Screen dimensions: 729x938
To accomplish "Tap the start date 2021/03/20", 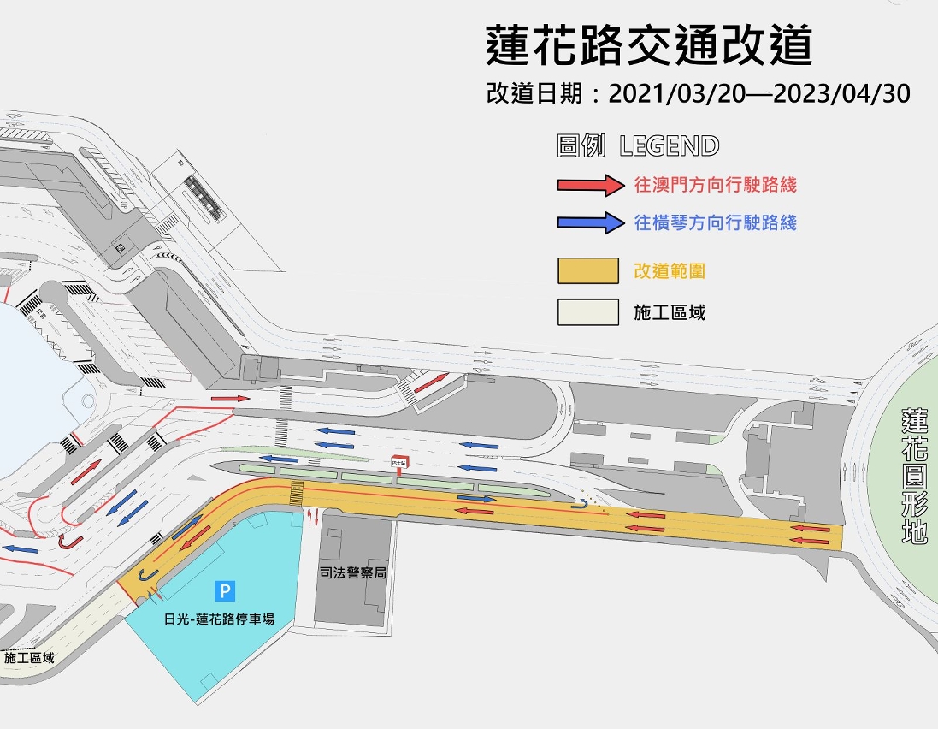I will tap(675, 93).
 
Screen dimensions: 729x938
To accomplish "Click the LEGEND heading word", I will tap(670, 146).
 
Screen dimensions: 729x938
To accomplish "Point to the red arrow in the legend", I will tap(587, 184).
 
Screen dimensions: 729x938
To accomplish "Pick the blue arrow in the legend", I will tap(587, 222).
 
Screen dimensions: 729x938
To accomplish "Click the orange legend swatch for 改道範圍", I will tap(587, 270).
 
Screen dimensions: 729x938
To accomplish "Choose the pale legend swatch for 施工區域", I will tap(587, 311).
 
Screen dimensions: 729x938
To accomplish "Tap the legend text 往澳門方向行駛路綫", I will tap(715, 184).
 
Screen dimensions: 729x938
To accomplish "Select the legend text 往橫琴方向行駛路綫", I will tap(715, 222).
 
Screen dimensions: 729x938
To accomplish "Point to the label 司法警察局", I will tap(353, 572).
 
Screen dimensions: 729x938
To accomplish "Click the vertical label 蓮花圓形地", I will tap(914, 477).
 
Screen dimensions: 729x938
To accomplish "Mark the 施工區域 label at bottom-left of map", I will tap(28, 658).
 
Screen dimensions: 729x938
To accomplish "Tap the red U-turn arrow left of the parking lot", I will tap(66, 542).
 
